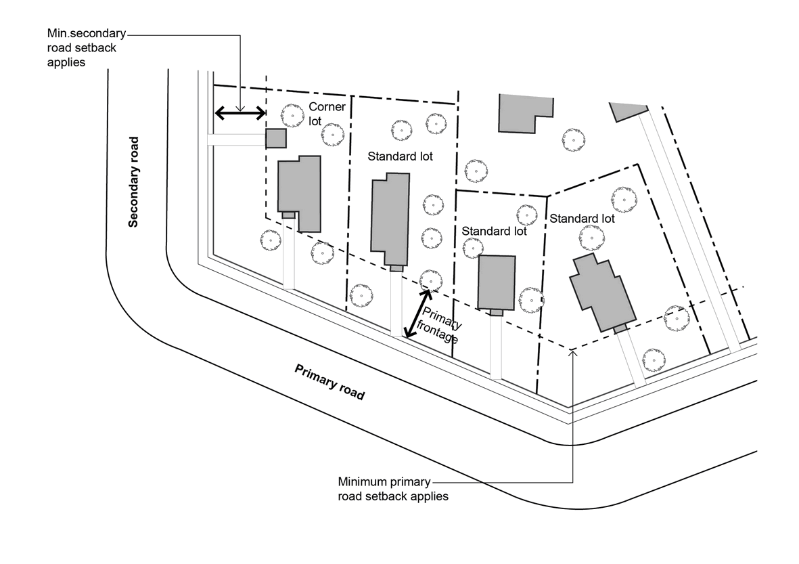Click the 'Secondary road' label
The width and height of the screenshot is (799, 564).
(x=134, y=181)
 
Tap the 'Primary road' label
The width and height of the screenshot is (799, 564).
(x=329, y=381)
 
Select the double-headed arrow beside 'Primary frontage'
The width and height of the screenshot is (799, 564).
(x=417, y=313)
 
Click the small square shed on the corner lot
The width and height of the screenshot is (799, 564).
(x=275, y=138)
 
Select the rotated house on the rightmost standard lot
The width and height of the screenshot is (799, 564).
(x=602, y=290)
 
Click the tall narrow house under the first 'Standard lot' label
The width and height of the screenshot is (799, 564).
(x=390, y=218)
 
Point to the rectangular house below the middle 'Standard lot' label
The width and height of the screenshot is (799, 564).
(x=496, y=282)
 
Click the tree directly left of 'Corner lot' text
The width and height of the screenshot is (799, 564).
(x=292, y=115)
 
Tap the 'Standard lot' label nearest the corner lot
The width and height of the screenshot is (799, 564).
(x=400, y=156)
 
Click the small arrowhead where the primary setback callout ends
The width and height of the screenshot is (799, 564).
(x=573, y=351)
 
